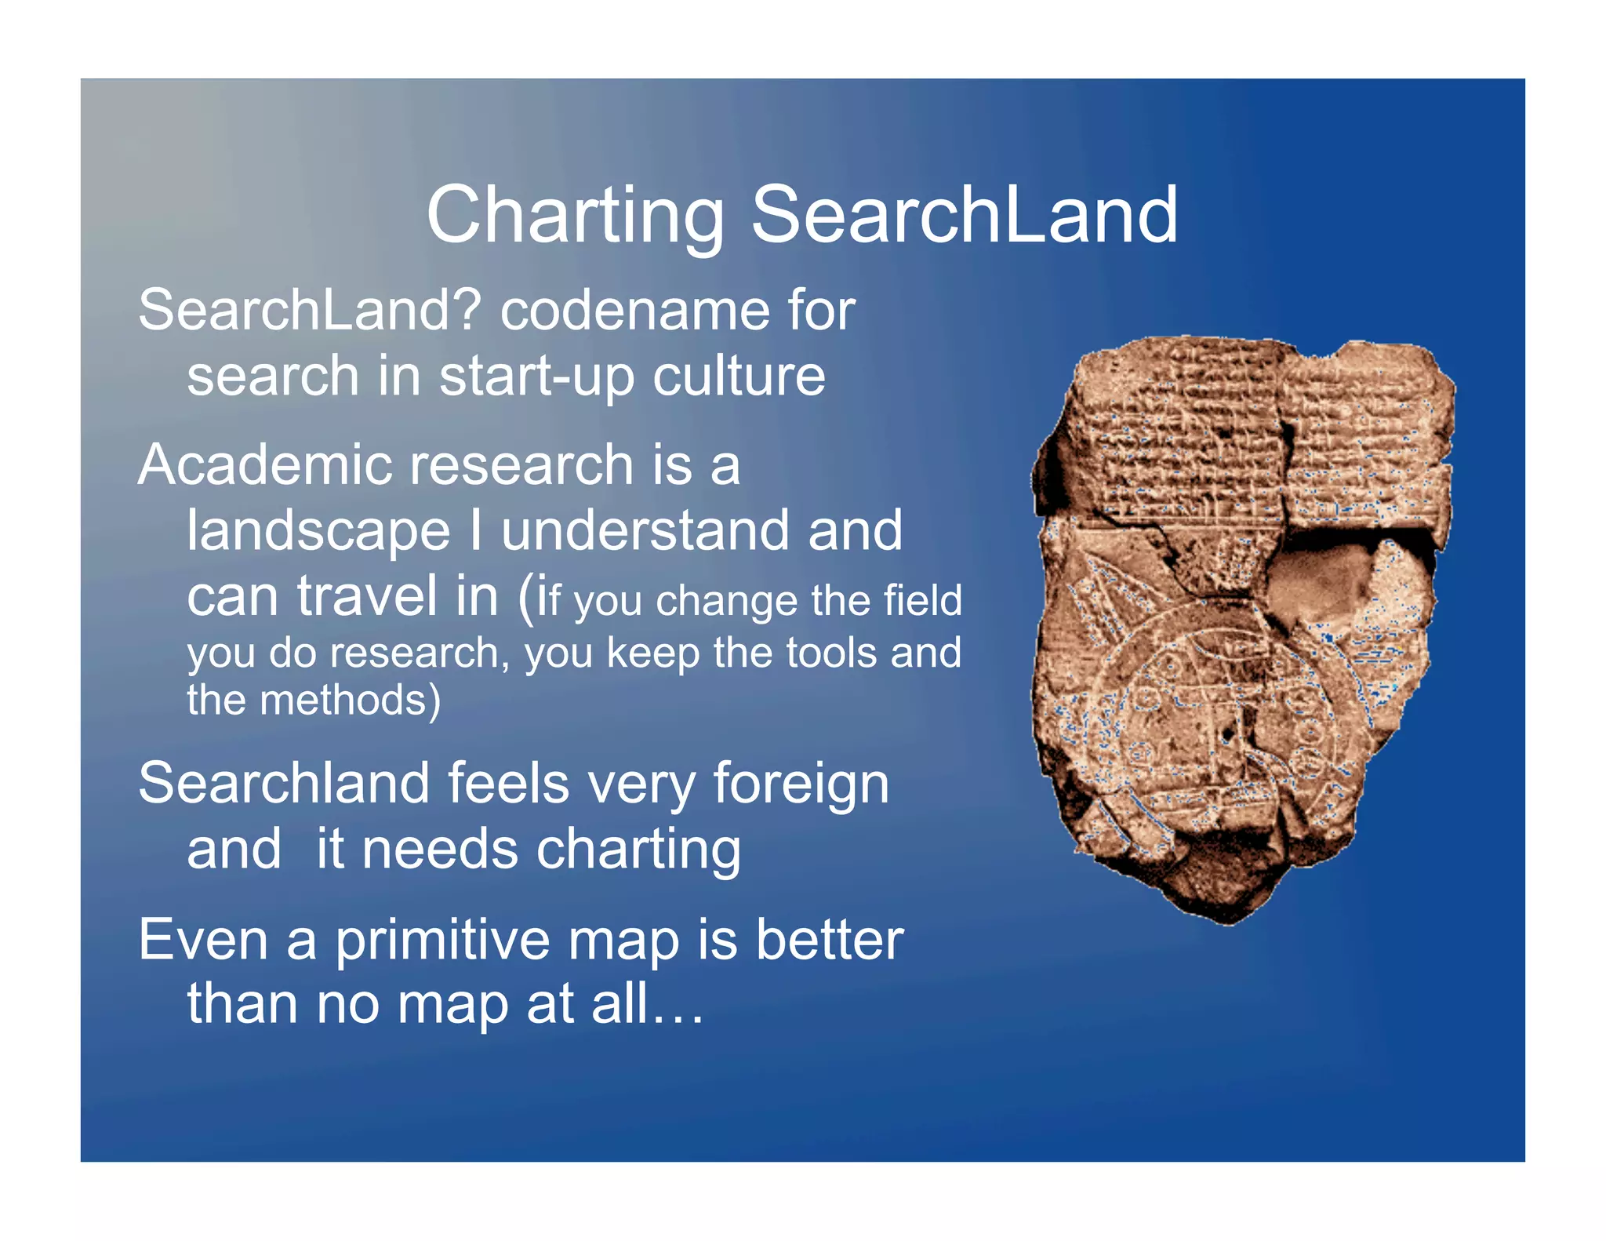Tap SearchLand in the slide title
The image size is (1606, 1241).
[x=964, y=215]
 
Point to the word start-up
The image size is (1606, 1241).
[x=536, y=377]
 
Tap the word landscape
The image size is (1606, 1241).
[x=318, y=532]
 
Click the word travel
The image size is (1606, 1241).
[x=366, y=596]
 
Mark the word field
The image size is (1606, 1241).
[x=922, y=601]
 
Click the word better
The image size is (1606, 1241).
[x=829, y=940]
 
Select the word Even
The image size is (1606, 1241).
[x=203, y=940]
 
